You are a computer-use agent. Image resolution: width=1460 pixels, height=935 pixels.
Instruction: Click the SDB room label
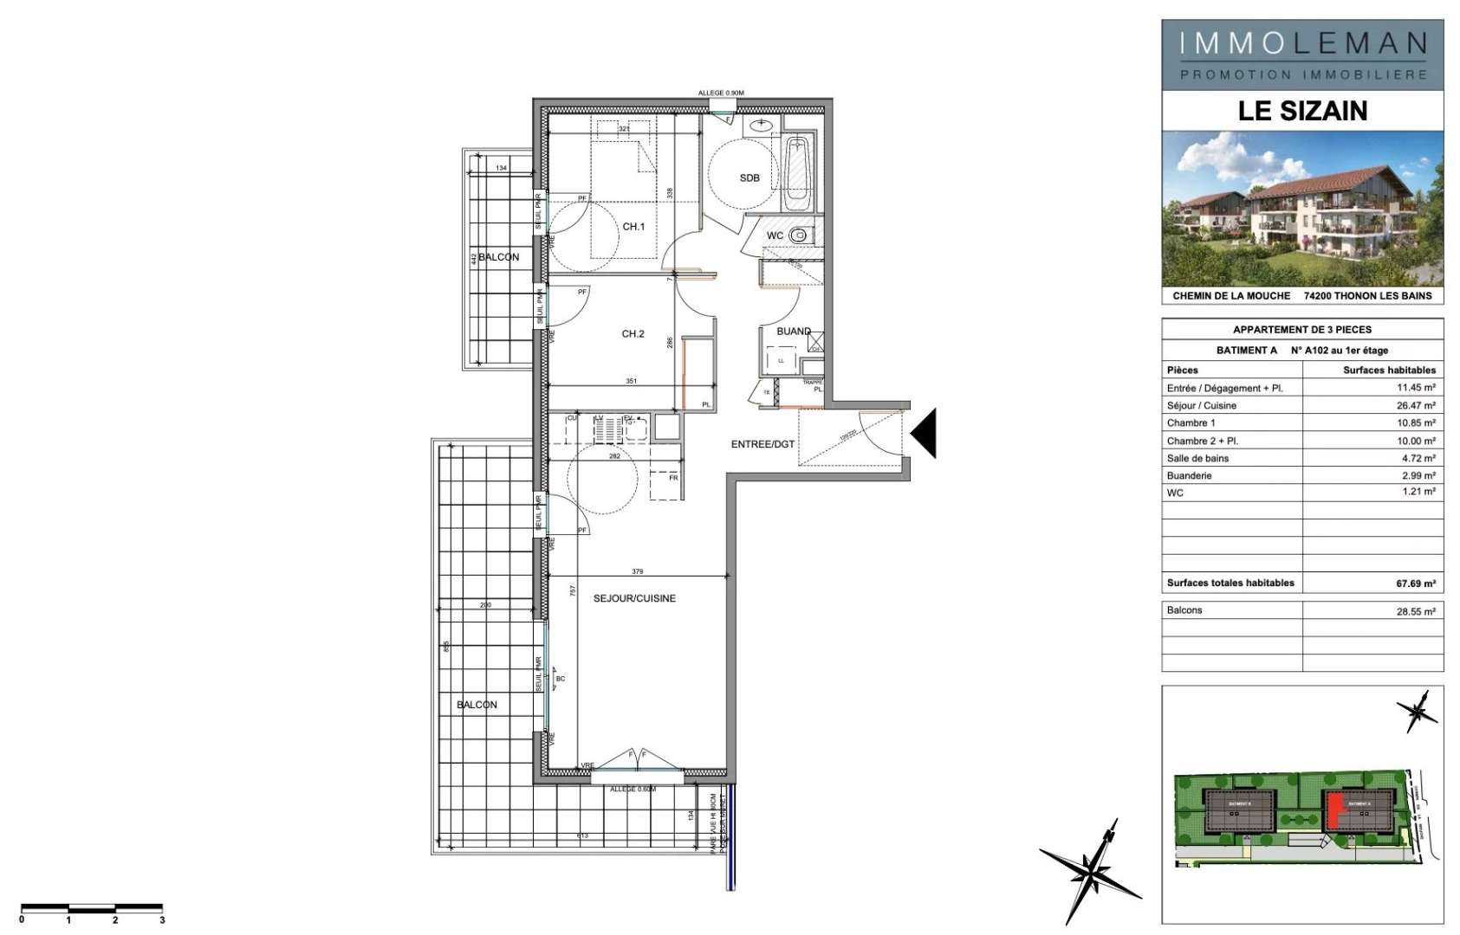click(x=749, y=178)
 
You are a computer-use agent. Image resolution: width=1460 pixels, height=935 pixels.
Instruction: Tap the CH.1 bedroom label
click(x=633, y=227)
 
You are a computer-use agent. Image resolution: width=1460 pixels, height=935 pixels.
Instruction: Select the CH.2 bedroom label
click(x=633, y=334)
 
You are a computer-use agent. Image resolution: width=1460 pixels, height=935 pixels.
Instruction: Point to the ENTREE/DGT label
click(x=762, y=445)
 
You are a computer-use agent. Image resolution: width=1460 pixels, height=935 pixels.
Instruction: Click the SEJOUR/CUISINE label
click(x=634, y=599)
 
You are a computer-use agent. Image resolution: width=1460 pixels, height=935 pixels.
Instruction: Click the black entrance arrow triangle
click(x=925, y=434)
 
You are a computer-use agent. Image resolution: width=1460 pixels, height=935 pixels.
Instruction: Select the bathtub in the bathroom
click(x=796, y=173)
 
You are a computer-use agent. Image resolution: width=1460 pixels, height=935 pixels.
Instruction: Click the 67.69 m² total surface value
click(x=1415, y=584)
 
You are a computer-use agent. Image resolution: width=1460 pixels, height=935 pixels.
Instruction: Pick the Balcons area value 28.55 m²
click(x=1415, y=611)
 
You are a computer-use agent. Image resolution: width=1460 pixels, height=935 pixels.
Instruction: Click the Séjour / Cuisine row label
click(x=1201, y=406)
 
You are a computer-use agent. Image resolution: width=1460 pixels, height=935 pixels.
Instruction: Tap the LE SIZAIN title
click(x=1302, y=111)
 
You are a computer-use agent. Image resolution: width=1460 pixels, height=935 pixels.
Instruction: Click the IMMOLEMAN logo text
click(x=1302, y=43)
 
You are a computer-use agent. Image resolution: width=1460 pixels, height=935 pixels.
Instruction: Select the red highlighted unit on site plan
click(x=1335, y=810)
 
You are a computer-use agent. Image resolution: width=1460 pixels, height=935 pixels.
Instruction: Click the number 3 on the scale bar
click(x=162, y=920)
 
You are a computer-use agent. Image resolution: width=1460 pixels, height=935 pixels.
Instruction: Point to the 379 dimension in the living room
click(x=638, y=571)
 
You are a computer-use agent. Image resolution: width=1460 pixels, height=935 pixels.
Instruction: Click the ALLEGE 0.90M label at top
click(x=721, y=93)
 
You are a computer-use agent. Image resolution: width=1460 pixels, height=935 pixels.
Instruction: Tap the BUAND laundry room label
click(x=793, y=332)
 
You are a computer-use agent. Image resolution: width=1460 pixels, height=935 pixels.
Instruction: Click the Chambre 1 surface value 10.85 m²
click(x=1415, y=423)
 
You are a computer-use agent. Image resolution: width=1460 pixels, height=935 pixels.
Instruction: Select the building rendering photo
click(x=1302, y=208)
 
